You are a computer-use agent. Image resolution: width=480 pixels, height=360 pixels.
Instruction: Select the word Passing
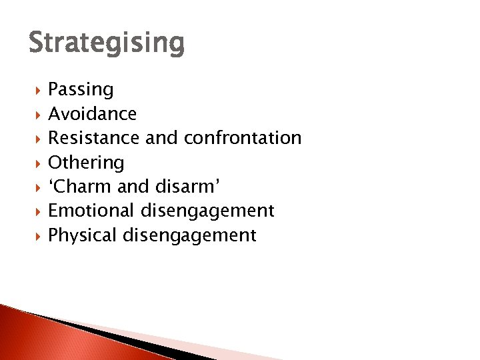coord(81,90)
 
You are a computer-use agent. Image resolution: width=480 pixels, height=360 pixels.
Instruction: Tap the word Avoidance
coord(92,114)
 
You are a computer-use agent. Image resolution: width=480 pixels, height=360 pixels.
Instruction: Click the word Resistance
coord(93,138)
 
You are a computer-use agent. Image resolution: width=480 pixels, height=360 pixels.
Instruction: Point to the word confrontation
coord(242,138)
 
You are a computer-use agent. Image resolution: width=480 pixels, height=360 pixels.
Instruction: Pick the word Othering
coord(86,163)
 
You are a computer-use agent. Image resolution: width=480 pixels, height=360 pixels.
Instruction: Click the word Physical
coord(82,235)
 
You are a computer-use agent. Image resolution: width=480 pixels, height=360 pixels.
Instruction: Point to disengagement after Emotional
coord(207,211)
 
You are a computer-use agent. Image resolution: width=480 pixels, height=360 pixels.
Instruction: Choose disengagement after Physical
coord(189,235)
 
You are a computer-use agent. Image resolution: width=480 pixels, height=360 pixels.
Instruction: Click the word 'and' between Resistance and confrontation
coord(161,138)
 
